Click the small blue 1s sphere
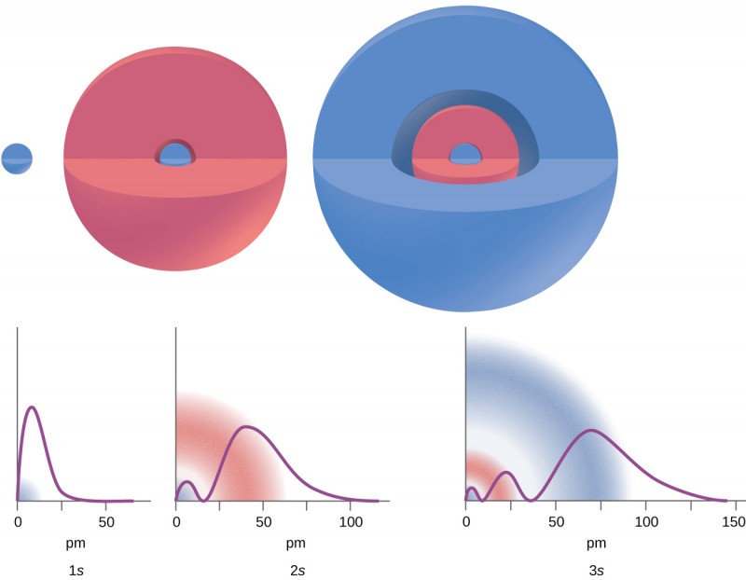click(17, 159)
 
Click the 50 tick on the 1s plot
click(106, 520)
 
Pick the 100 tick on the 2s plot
click(351, 520)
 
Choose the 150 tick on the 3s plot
click(735, 520)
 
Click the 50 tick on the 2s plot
click(264, 520)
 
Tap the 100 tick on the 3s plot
click(645, 520)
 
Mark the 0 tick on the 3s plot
click(465, 520)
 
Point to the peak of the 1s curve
click(33, 407)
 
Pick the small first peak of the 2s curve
click(187, 481)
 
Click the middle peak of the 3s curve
click(506, 473)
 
